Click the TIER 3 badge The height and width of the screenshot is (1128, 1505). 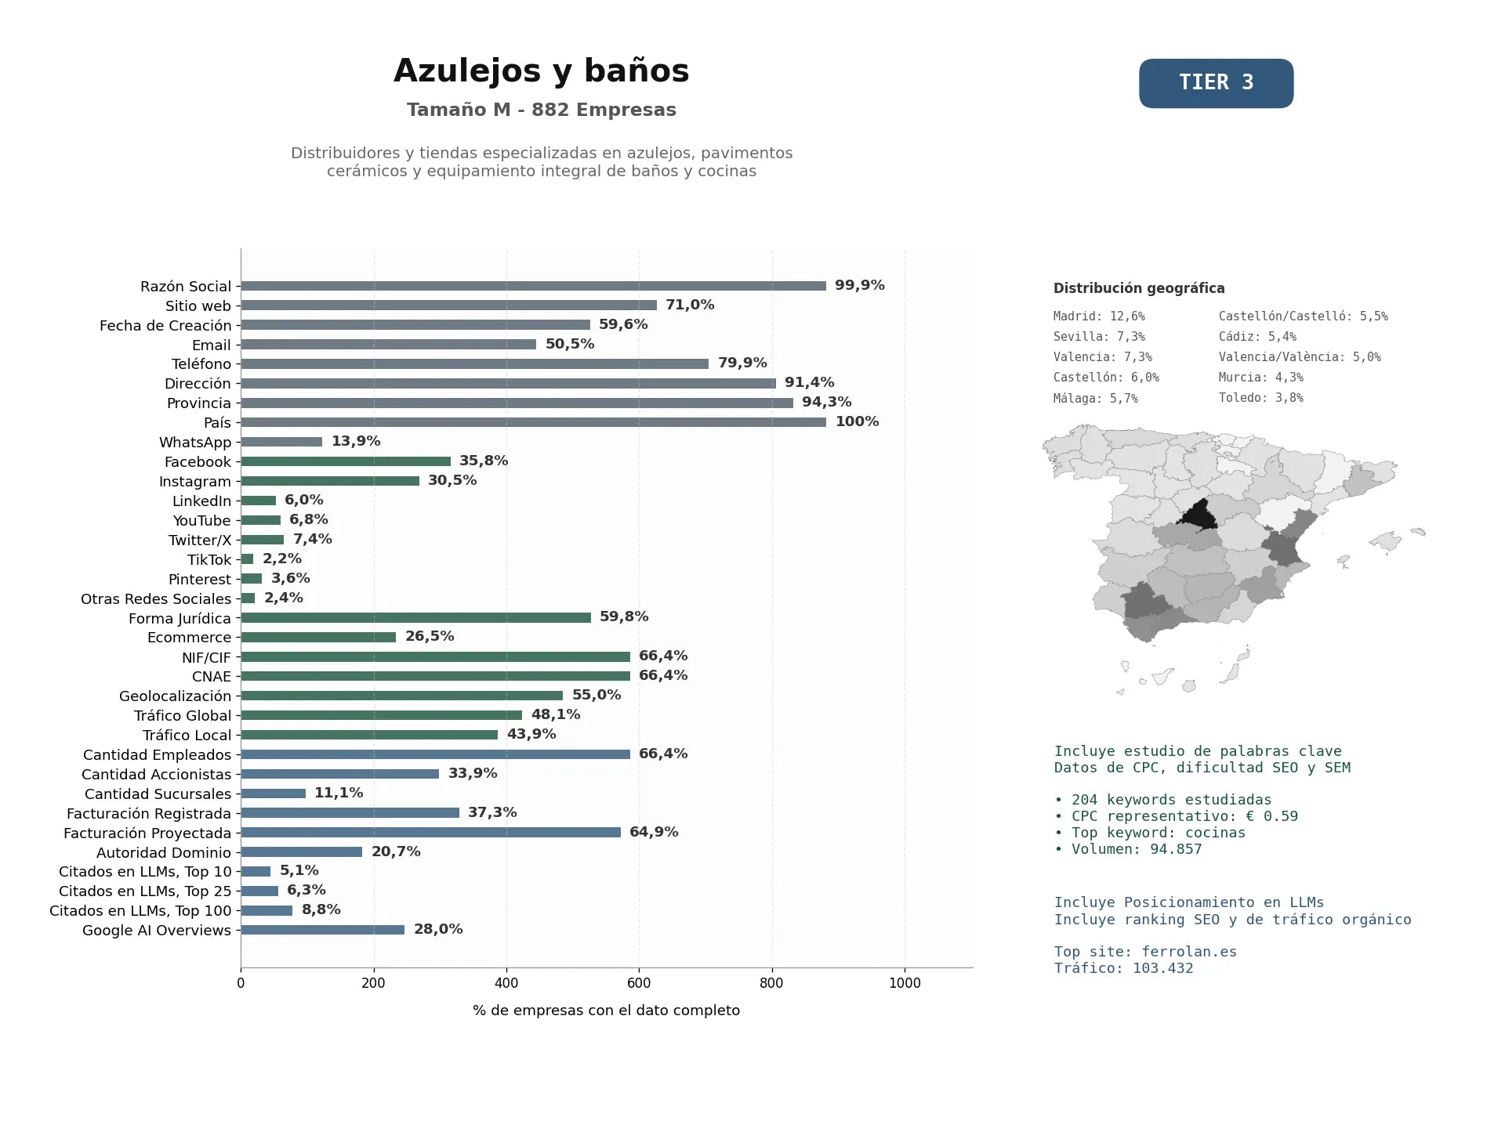pyautogui.click(x=1216, y=83)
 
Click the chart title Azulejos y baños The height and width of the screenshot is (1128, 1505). pyautogui.click(x=541, y=70)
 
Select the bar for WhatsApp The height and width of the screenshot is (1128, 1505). pyautogui.click(x=281, y=442)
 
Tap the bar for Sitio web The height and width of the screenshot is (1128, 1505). pyautogui.click(x=448, y=305)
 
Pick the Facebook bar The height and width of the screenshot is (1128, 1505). pyautogui.click(x=346, y=461)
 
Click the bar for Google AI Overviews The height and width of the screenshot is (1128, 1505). pyautogui.click(x=322, y=930)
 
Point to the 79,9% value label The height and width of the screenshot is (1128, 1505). pyautogui.click(x=742, y=363)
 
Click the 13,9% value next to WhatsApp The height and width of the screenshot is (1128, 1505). pyautogui.click(x=356, y=441)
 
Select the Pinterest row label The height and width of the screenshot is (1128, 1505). pyautogui.click(x=200, y=579)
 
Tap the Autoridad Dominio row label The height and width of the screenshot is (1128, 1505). pyautogui.click(x=164, y=852)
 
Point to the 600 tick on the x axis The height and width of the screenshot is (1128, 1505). pyautogui.click(x=639, y=983)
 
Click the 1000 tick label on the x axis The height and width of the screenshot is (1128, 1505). pyautogui.click(x=905, y=983)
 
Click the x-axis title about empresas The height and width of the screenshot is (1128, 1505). pyautogui.click(x=606, y=1010)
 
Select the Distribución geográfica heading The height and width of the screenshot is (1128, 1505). pyautogui.click(x=1139, y=288)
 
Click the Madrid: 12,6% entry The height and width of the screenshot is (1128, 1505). pyautogui.click(x=1099, y=316)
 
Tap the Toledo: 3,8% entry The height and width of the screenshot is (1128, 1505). pyautogui.click(x=1260, y=398)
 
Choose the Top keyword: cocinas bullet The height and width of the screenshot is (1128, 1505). pyautogui.click(x=1150, y=833)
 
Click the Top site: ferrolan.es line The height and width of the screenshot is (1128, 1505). pyautogui.click(x=1145, y=952)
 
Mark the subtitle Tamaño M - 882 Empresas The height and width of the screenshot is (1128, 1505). pyautogui.click(x=541, y=110)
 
